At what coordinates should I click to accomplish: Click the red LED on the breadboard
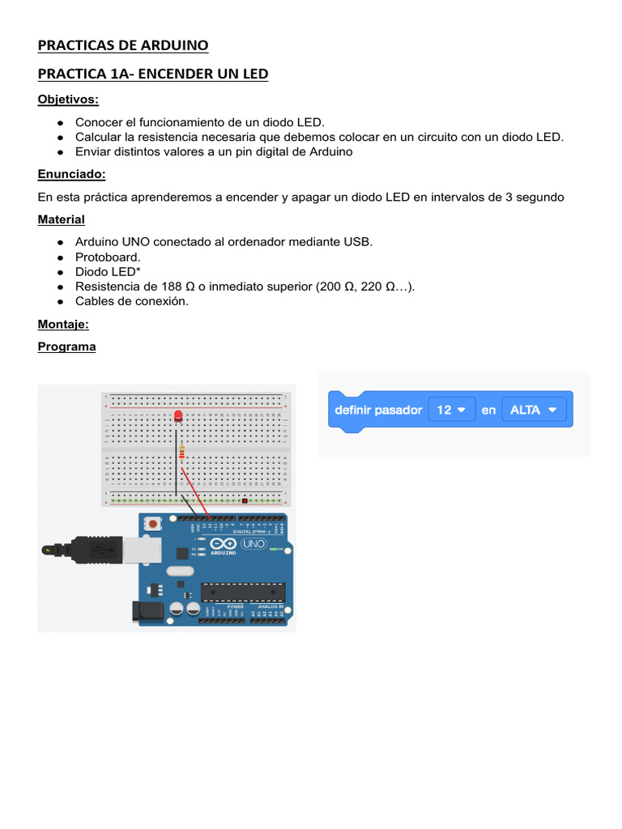[x=177, y=416]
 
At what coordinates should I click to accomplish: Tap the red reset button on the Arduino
[x=152, y=525]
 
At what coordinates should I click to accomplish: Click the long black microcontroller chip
[x=243, y=592]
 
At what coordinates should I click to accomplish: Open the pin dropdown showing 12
[x=451, y=410]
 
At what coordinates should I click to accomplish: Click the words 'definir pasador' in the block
[x=378, y=410]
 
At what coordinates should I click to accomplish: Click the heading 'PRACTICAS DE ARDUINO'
[x=123, y=45]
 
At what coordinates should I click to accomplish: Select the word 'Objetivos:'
[x=68, y=100]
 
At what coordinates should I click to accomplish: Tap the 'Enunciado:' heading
[x=71, y=174]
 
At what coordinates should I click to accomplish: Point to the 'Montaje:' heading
[x=63, y=324]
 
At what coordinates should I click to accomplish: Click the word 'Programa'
[x=66, y=346]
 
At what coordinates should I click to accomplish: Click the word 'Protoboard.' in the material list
[x=108, y=257]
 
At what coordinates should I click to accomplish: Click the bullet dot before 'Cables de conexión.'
[x=61, y=301]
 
